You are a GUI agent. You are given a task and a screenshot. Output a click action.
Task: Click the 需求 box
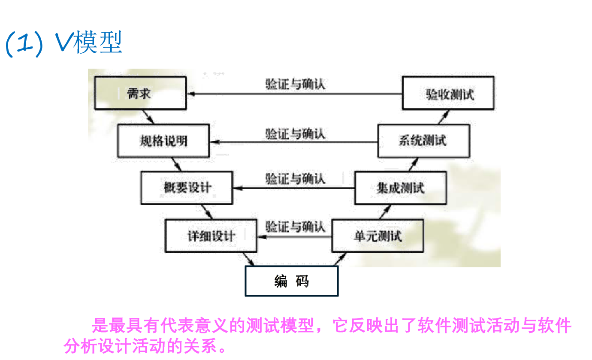point(140,94)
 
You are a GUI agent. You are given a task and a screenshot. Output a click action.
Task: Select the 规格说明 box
point(163,141)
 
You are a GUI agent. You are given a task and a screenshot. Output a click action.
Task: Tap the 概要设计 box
point(187,188)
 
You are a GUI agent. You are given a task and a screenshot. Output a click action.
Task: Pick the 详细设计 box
point(211,236)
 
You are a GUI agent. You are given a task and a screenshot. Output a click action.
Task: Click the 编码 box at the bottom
point(291,281)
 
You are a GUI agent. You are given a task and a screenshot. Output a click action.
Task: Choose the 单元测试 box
point(378,236)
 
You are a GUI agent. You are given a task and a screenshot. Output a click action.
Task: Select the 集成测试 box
point(400,188)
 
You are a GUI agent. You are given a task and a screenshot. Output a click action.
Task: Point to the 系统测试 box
point(423,141)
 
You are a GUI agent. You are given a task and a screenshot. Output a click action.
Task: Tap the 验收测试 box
point(447,94)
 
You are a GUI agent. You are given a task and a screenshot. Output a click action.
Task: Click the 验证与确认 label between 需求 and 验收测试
point(295,84)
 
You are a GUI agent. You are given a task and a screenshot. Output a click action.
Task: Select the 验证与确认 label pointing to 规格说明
point(295,133)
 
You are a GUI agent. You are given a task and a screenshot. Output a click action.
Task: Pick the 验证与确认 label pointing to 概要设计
point(295,178)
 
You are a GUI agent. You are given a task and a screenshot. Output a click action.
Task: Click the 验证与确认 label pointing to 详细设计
point(295,226)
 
